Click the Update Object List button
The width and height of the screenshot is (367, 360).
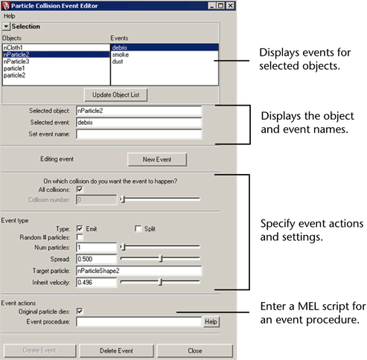pyautogui.click(x=116, y=95)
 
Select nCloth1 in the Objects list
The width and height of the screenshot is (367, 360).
pyautogui.click(x=13, y=48)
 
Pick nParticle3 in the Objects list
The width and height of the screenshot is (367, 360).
pyautogui.click(x=16, y=62)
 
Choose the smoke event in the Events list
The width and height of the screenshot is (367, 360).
pyautogui.click(x=121, y=54)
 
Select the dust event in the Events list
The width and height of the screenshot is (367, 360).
pyautogui.click(x=118, y=62)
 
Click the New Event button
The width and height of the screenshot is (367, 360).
pyautogui.click(x=157, y=159)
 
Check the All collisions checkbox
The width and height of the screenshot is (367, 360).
pyautogui.click(x=80, y=190)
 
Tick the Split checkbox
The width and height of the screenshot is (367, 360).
pyautogui.click(x=138, y=228)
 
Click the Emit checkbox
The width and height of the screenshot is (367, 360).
pyautogui.click(x=80, y=228)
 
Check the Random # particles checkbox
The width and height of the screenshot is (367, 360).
pyautogui.click(x=80, y=237)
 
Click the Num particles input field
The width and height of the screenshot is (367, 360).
pyautogui.click(x=96, y=248)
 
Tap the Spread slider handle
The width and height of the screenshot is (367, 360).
pyautogui.click(x=161, y=259)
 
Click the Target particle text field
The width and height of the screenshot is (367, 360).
pyautogui.click(x=139, y=271)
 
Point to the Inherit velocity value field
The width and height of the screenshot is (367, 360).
pyautogui.click(x=96, y=283)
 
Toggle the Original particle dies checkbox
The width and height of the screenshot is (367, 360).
pyautogui.click(x=80, y=312)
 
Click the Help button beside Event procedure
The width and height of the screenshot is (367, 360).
pyautogui.click(x=211, y=322)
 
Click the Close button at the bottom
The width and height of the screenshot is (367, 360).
pyautogui.click(x=195, y=351)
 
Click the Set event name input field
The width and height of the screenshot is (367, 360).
pyautogui.click(x=139, y=134)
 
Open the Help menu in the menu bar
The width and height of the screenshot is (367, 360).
pyautogui.click(x=10, y=16)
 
